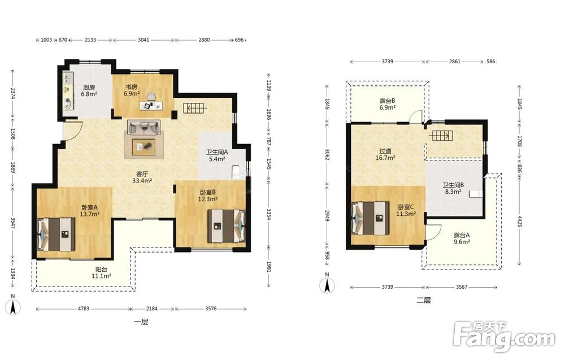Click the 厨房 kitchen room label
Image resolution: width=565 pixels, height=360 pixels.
(89, 87)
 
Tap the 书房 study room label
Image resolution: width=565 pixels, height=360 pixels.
(132, 87)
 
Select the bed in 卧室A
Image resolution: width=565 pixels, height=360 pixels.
(56, 234)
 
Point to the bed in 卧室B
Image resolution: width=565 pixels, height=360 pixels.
(226, 226)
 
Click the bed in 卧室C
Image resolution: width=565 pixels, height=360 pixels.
(371, 218)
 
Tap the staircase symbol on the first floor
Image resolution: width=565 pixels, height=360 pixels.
(195, 108)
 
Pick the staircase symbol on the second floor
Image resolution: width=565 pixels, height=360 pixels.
(440, 136)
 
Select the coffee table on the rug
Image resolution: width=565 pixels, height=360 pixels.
(144, 147)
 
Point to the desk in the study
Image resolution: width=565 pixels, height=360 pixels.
(151, 105)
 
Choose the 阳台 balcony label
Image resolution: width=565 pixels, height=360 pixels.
(101, 270)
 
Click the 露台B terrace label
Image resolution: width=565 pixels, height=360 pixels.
(388, 101)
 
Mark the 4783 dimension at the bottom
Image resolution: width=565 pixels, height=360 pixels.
(83, 309)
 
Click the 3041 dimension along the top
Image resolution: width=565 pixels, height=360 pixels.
(144, 40)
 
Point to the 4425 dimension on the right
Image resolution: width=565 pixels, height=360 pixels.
(520, 220)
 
